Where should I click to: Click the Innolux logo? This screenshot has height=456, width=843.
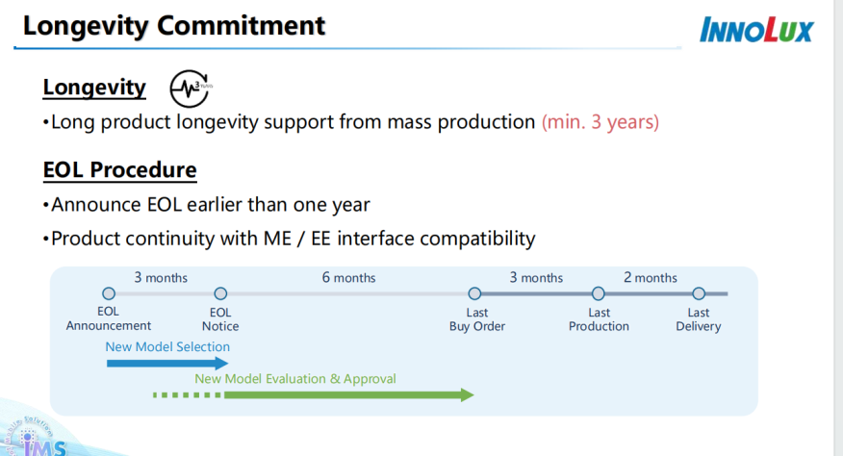point(756,29)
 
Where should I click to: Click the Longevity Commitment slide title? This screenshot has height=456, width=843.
point(174,25)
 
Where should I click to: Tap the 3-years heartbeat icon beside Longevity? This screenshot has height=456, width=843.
point(190,89)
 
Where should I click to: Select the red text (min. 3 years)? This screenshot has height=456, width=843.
point(600,122)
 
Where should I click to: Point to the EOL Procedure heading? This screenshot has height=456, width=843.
point(119,171)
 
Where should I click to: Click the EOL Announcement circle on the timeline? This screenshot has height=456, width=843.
point(109,293)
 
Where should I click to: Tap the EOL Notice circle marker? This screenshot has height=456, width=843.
point(220,293)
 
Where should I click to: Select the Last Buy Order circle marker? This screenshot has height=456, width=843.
point(474,293)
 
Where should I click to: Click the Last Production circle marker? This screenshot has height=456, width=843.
point(599,293)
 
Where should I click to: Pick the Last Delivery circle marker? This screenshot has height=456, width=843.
point(699,293)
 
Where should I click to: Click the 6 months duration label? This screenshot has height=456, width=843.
point(348,278)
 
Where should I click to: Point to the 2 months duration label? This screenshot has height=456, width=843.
point(650,278)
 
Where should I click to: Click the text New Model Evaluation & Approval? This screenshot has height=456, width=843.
point(295,379)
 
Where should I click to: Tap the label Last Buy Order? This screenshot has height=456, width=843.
point(476,319)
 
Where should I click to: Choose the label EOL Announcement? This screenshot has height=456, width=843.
point(109,319)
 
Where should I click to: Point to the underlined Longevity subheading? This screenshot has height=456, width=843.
point(94,89)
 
